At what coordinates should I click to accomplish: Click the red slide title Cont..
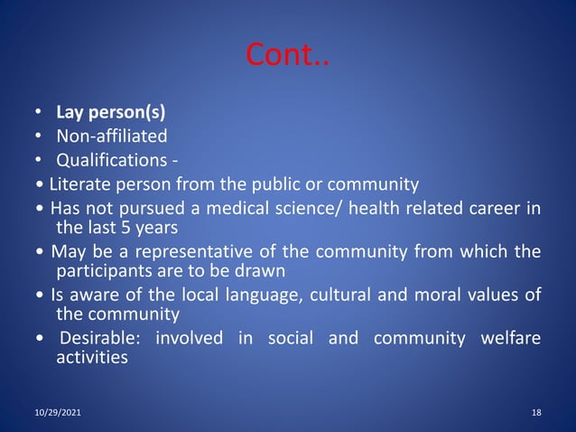[x=288, y=56]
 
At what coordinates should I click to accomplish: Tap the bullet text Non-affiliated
[x=112, y=136]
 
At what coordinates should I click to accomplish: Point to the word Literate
[x=79, y=184]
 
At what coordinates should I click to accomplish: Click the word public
[x=274, y=184]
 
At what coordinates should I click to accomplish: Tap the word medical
[x=243, y=210]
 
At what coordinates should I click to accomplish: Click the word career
[x=489, y=210]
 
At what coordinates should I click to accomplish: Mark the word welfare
[x=508, y=339]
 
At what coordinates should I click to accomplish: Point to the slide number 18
[x=536, y=413]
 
